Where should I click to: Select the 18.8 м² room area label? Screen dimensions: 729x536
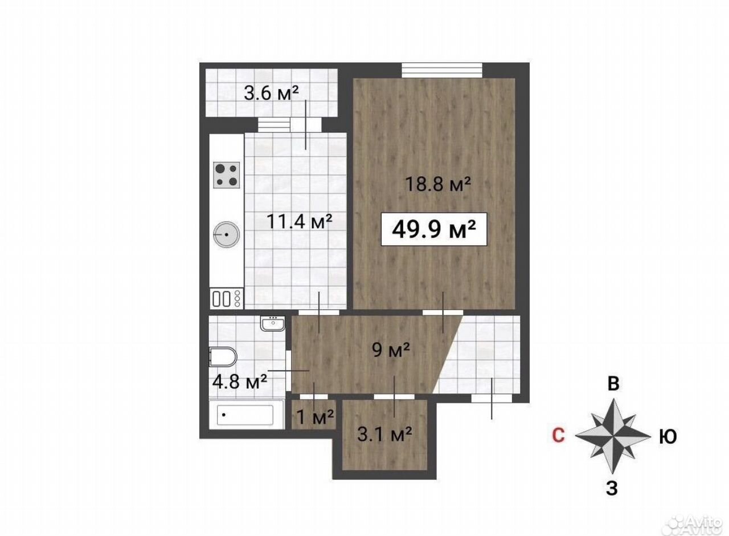click(438, 184)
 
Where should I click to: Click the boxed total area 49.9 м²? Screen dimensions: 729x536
click(434, 229)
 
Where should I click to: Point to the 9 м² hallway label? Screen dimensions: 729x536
click(391, 350)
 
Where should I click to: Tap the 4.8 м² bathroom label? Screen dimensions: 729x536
click(240, 381)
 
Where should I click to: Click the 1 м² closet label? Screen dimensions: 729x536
click(315, 417)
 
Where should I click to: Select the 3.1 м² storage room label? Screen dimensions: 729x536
click(384, 435)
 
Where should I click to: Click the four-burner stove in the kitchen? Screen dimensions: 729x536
click(227, 175)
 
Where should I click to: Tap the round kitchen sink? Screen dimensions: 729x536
click(227, 234)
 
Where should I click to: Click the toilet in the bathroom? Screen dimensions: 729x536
click(223, 356)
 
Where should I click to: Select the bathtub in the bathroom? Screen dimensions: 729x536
click(245, 415)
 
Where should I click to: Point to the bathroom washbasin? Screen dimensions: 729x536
click(273, 323)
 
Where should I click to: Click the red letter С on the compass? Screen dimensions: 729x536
click(558, 435)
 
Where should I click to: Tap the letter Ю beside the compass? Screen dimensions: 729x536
click(668, 436)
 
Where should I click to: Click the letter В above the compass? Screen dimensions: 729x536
click(613, 384)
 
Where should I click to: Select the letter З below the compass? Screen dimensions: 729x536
click(612, 489)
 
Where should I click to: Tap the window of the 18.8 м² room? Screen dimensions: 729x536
click(441, 70)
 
